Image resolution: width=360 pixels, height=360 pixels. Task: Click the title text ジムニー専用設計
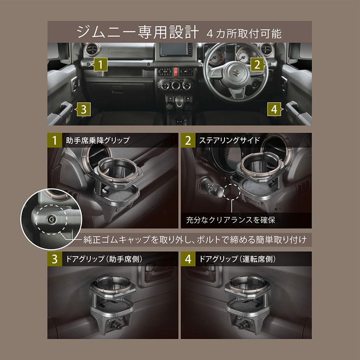(x=135, y=32)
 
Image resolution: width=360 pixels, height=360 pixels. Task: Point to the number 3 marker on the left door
(x=84, y=108)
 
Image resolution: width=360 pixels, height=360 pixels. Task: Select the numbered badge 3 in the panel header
(x=54, y=260)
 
